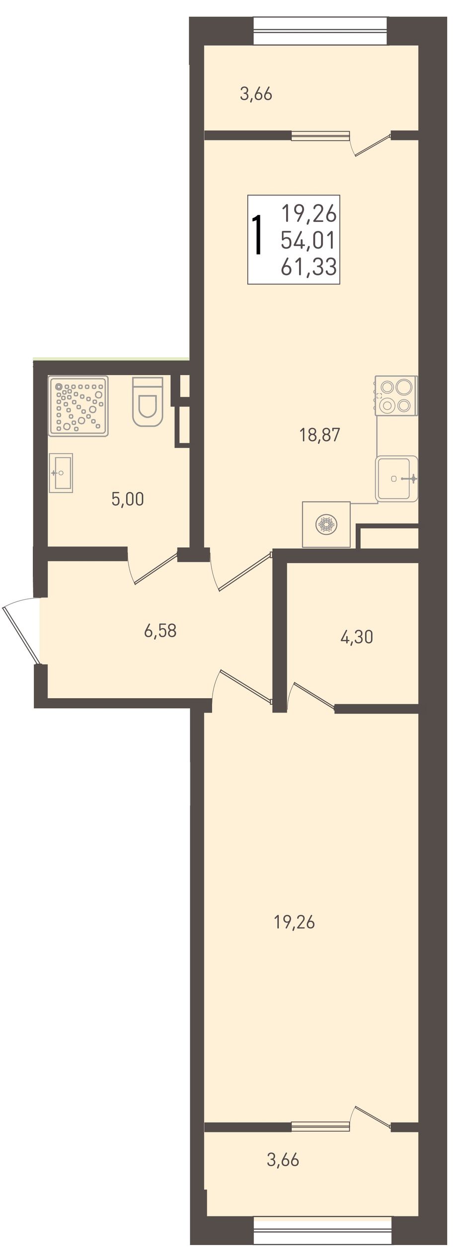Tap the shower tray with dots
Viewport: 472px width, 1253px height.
pos(78,406)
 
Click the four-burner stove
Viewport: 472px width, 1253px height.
pos(396,396)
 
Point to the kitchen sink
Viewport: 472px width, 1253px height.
pos(396,478)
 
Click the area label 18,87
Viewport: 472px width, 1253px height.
pos(319,435)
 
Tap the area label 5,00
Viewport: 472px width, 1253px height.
pos(128,499)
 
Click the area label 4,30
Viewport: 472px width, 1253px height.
pos(356,637)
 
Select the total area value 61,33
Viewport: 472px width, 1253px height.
pos(309,267)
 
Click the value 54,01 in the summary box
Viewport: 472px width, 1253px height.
pos(309,241)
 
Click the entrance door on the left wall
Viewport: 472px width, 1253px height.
pos(21,631)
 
